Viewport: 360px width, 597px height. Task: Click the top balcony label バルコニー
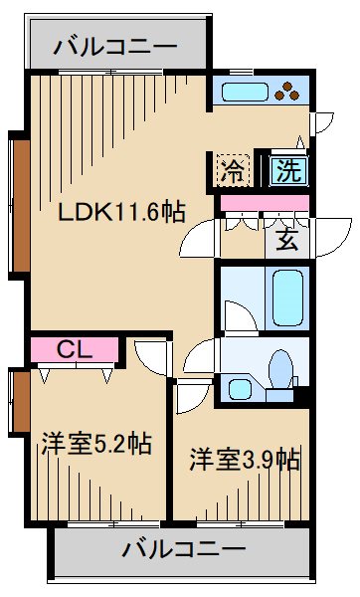point(115,46)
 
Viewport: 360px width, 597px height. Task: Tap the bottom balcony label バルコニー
point(184,548)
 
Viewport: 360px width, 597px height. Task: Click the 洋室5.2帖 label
point(95,444)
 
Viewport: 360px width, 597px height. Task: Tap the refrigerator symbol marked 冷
point(231,168)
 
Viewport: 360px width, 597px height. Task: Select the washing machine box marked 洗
point(287,169)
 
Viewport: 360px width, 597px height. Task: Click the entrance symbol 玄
point(286,242)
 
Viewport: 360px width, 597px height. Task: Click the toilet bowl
point(281,369)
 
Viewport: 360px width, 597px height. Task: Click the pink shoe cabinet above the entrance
point(265,203)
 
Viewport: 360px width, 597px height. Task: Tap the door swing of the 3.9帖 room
point(189,398)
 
